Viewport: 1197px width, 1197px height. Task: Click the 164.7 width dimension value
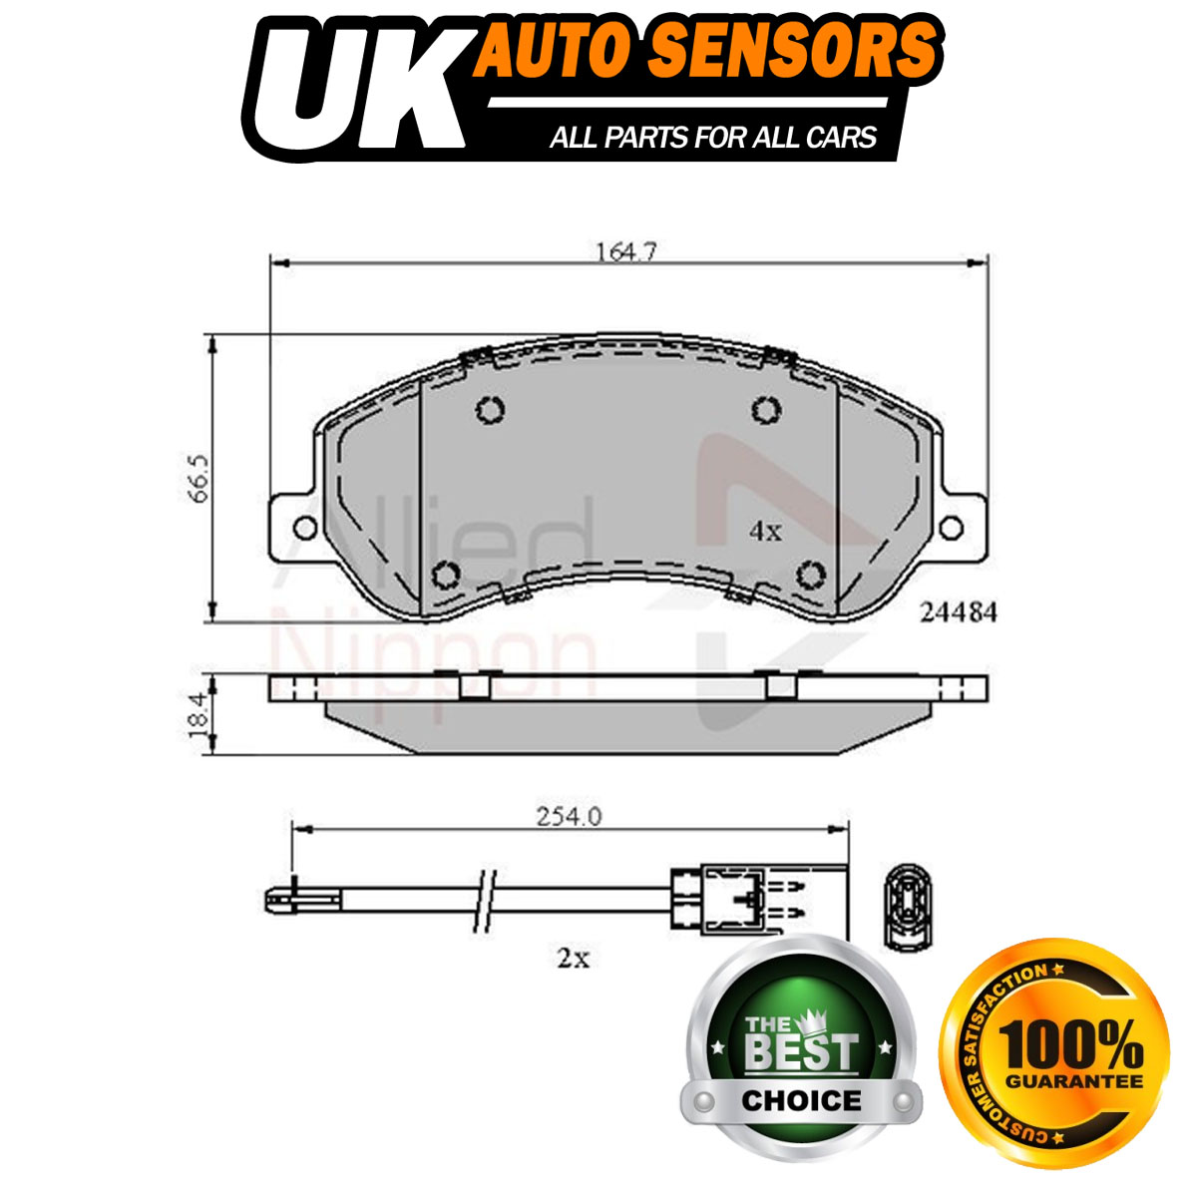click(x=626, y=252)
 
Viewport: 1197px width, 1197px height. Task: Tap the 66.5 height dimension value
click(x=199, y=479)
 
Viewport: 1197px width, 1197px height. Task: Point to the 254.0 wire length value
click(x=569, y=816)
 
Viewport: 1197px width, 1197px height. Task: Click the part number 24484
click(x=958, y=613)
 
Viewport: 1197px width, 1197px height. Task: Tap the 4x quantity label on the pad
click(x=765, y=531)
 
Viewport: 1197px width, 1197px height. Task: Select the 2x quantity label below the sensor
click(x=573, y=959)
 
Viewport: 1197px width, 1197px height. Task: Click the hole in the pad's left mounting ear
click(x=305, y=528)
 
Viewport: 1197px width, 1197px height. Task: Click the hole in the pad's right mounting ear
click(x=951, y=528)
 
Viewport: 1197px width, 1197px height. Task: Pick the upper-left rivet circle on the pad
click(x=490, y=411)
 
